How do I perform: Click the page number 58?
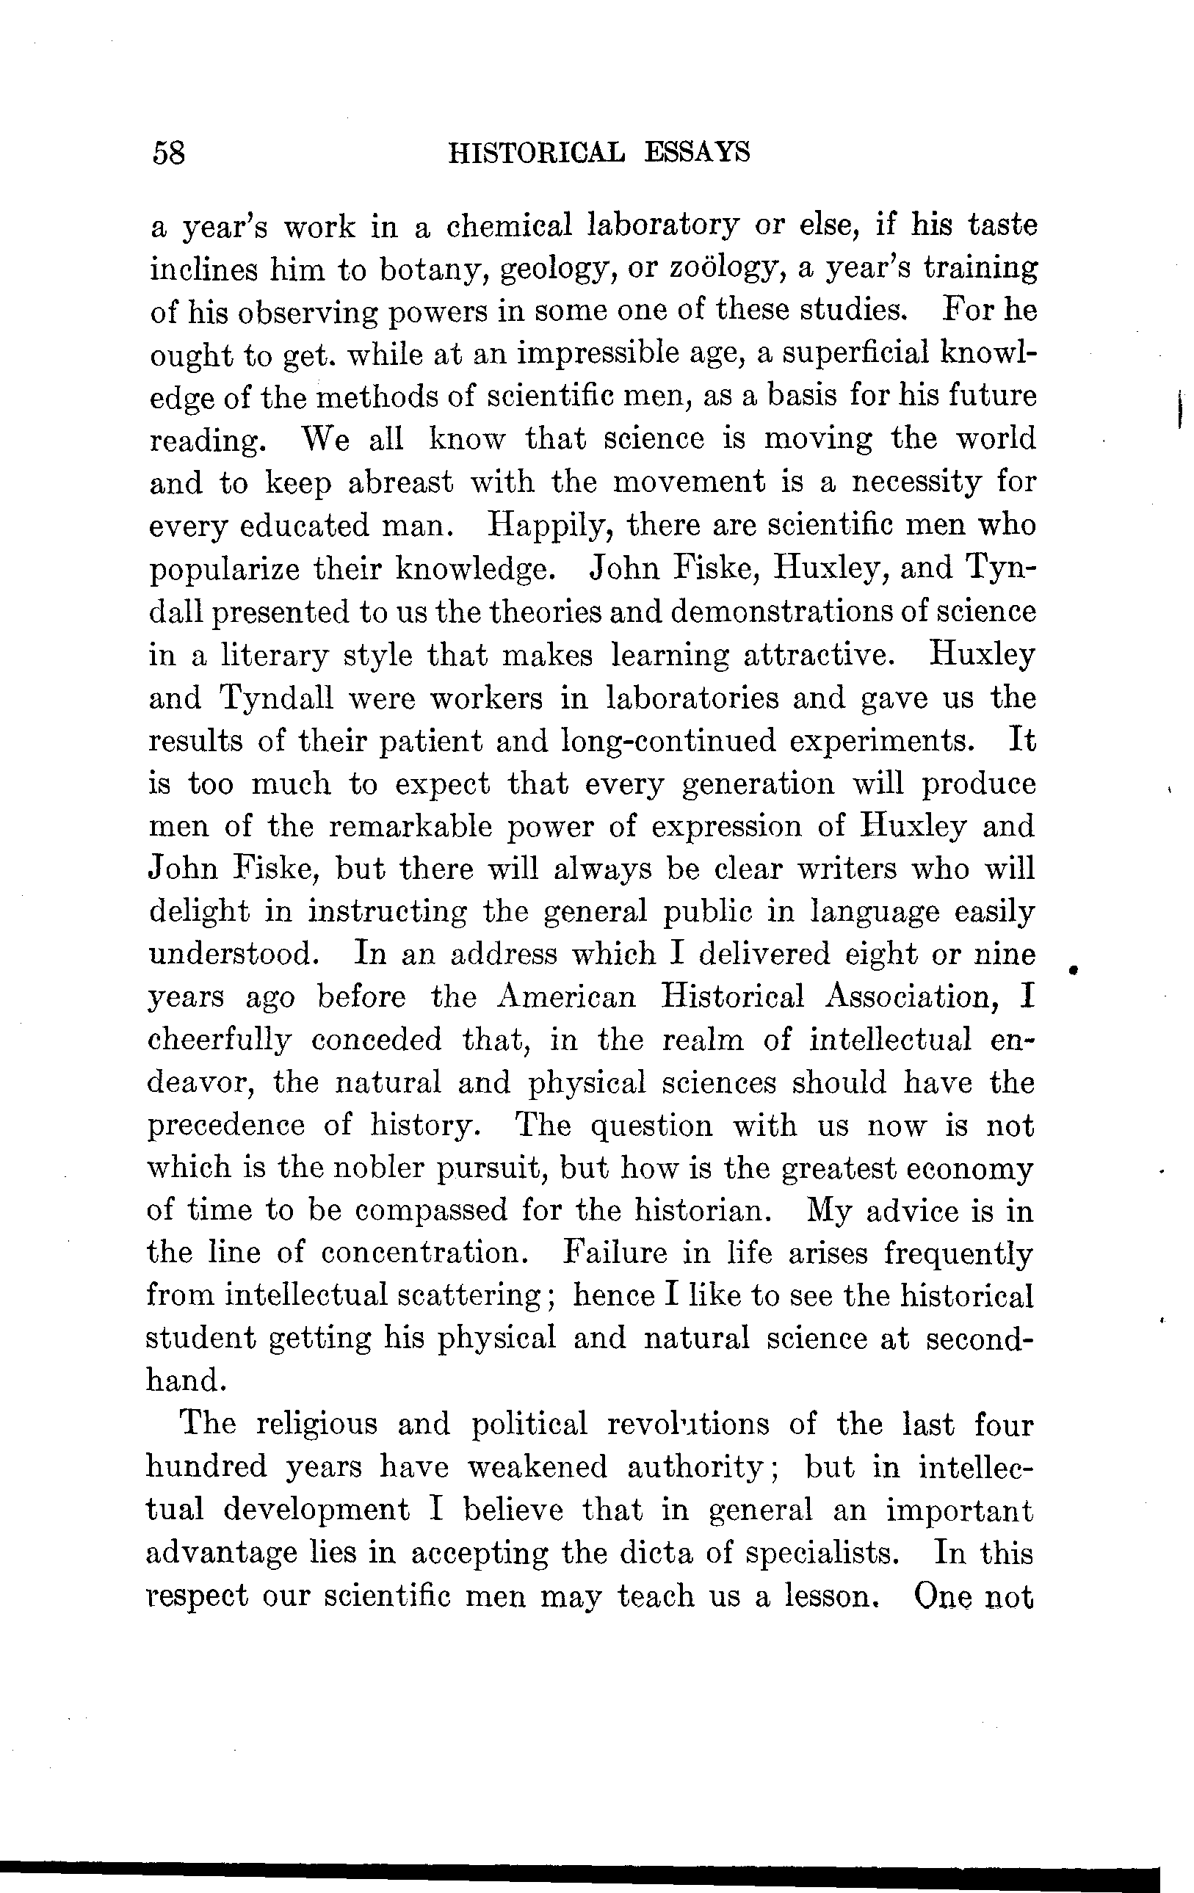[169, 152]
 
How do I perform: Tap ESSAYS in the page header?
[696, 151]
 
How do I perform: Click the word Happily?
[549, 524]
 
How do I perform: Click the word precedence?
[226, 1126]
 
